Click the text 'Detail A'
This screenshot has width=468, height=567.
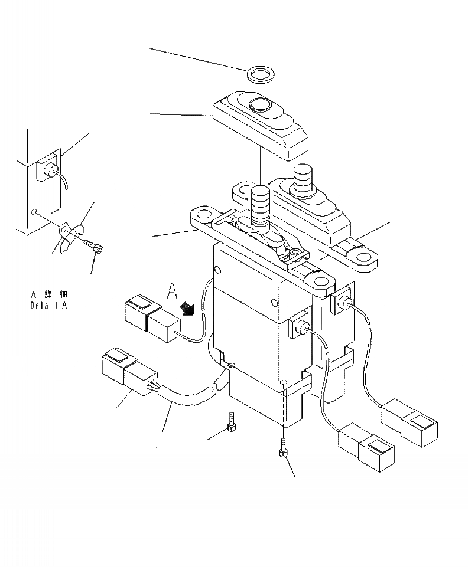tap(48, 306)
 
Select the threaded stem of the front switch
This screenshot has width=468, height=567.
tap(259, 204)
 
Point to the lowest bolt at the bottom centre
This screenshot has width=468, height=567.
tap(284, 451)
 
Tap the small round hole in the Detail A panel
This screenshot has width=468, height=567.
tap(35, 211)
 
